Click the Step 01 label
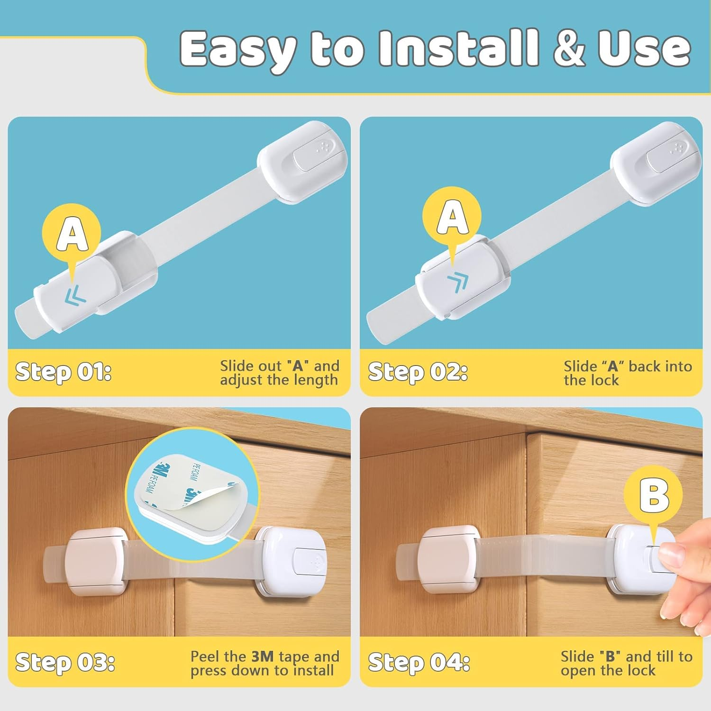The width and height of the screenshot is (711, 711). click(63, 372)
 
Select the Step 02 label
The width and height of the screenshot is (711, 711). click(417, 372)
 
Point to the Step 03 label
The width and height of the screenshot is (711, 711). click(65, 662)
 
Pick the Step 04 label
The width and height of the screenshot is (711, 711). click(419, 662)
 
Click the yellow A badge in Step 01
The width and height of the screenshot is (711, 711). click(72, 233)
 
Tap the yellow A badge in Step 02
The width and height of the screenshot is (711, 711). click(452, 216)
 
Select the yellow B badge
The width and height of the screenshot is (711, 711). click(653, 495)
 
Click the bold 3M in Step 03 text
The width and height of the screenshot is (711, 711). click(263, 656)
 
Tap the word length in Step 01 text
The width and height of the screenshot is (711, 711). click(315, 380)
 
